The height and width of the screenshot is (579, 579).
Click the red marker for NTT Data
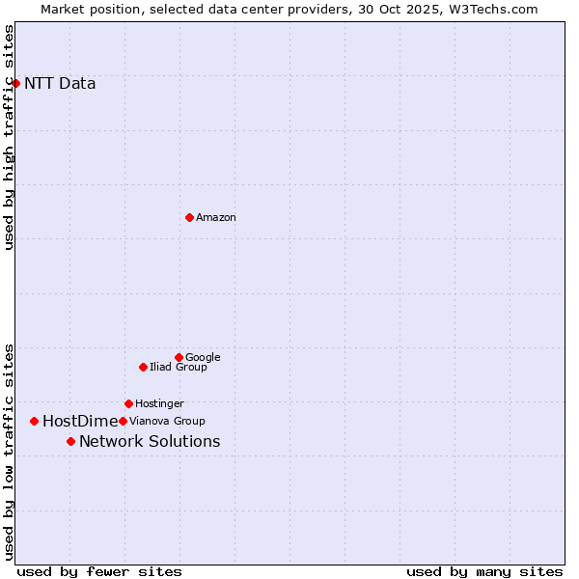click(x=15, y=83)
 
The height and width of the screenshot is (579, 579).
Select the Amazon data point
click(x=189, y=217)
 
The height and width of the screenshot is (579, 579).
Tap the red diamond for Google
click(x=179, y=357)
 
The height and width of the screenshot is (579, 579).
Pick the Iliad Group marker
click(x=143, y=367)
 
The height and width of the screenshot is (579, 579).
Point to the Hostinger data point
click(x=128, y=403)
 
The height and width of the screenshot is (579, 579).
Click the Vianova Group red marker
click(x=123, y=421)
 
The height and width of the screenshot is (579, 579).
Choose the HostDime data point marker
click(x=34, y=421)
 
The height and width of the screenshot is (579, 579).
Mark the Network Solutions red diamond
click(x=70, y=441)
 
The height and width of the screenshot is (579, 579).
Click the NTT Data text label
click(x=60, y=83)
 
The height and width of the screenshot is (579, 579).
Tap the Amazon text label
click(x=216, y=217)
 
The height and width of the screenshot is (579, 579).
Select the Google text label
click(x=203, y=357)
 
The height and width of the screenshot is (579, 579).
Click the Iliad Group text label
click(x=179, y=367)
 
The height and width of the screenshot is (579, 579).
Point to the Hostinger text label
click(x=159, y=403)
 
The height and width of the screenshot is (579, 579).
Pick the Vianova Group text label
click(x=167, y=421)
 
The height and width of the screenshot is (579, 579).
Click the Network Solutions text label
click(x=150, y=441)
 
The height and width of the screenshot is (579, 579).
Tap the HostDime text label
click(x=80, y=421)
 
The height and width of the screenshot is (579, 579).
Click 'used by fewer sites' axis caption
click(x=99, y=571)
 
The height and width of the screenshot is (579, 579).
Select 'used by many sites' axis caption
click(x=484, y=571)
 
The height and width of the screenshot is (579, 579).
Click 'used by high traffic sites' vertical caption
click(x=10, y=137)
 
